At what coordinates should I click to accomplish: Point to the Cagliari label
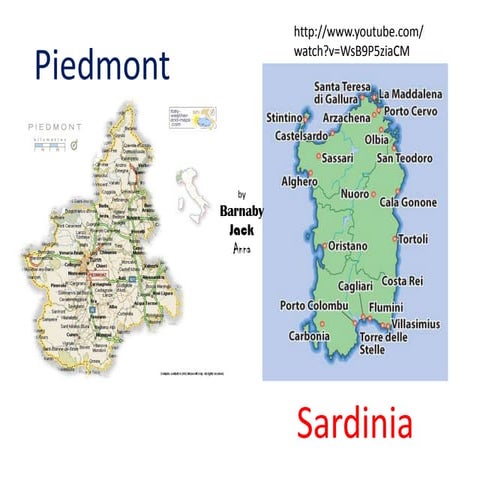[x=356, y=286]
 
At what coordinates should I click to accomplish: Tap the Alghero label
[x=299, y=182]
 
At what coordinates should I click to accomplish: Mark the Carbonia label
[x=309, y=336]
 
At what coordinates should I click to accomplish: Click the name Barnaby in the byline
[x=240, y=212]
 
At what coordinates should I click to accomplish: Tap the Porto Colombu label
[x=313, y=305]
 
